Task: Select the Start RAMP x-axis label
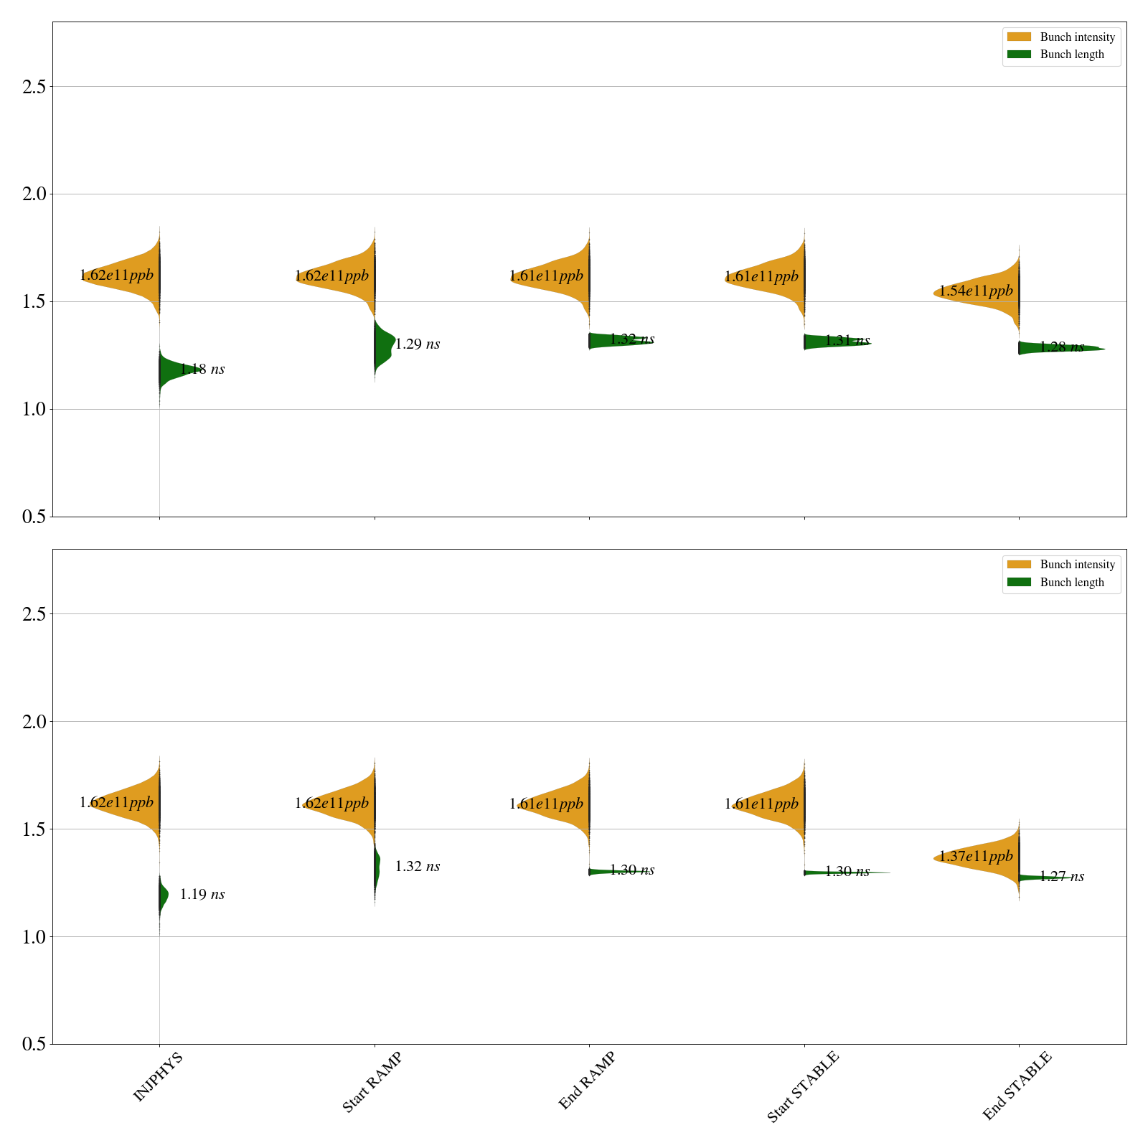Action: click(372, 1082)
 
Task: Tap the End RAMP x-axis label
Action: click(587, 1081)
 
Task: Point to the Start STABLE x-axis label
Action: click(802, 1087)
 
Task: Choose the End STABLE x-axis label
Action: click(1017, 1086)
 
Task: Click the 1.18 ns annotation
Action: click(202, 370)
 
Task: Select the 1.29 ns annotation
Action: click(417, 344)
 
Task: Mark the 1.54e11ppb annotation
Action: click(976, 291)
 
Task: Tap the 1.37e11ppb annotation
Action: click(976, 856)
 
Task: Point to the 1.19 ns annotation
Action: click(202, 895)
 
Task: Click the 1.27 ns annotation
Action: click(1062, 877)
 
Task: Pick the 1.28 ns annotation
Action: click(1062, 347)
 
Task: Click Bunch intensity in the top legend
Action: click(1077, 37)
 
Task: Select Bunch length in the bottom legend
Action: click(1072, 583)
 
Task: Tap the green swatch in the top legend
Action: click(1019, 55)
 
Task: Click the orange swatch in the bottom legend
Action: click(1019, 565)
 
